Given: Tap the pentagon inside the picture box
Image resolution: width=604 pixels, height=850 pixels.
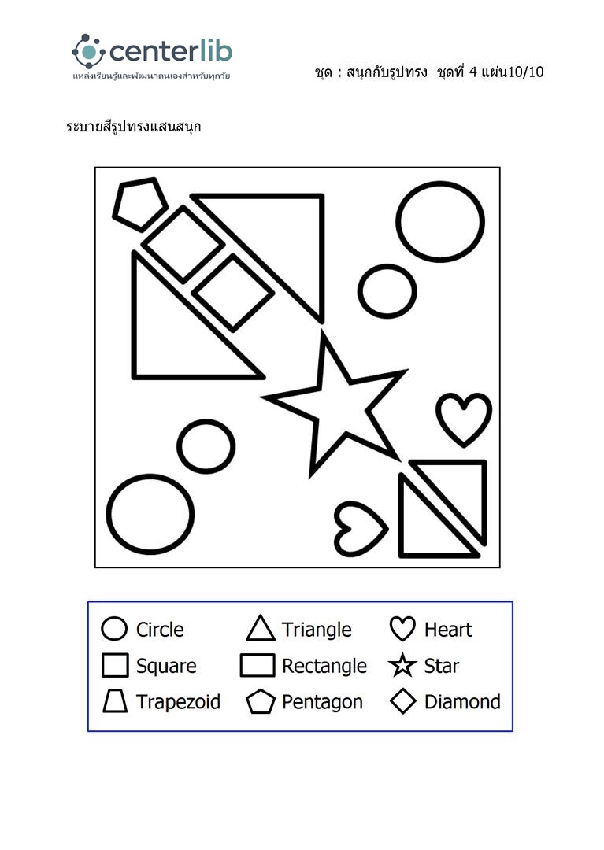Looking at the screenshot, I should (140, 203).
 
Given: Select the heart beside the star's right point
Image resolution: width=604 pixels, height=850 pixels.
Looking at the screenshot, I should (464, 418).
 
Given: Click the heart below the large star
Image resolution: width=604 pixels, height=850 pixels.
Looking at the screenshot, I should (358, 528).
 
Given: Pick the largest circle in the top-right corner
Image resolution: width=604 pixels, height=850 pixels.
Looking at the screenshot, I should (440, 221).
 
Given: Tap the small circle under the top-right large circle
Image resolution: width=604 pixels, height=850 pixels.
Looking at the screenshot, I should (387, 290).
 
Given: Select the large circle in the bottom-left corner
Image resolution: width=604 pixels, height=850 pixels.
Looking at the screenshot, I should (150, 514).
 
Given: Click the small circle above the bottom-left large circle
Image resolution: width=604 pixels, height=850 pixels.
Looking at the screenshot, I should (206, 446).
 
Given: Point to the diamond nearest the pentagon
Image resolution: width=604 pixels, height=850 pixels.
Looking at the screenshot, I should (183, 244).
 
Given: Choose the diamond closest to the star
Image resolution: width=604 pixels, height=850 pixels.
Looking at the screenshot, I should (233, 292).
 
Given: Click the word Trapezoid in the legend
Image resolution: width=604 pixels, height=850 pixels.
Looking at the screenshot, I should (178, 702).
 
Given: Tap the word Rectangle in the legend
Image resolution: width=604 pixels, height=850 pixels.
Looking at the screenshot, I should (324, 667).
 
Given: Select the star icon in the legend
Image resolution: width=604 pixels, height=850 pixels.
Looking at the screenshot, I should (402, 666).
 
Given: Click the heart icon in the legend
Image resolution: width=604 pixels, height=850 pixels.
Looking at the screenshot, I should (402, 629).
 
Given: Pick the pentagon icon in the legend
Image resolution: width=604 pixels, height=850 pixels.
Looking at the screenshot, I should (260, 702).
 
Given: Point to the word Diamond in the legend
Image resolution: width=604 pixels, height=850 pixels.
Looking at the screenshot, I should (462, 702).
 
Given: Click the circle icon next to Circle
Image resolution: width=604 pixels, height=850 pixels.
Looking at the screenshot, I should (115, 629).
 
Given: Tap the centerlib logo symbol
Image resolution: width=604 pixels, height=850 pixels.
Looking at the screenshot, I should (88, 51).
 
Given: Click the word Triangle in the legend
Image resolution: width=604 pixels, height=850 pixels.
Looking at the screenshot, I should (317, 630).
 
